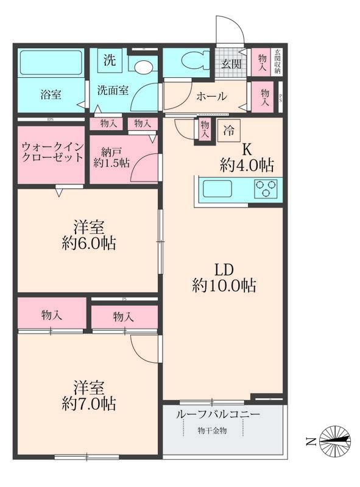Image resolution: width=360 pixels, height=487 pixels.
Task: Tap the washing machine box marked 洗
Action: pos(108,60)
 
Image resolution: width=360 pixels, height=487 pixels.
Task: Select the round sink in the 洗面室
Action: pos(144,66)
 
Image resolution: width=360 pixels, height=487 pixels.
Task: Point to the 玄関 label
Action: pos(231,64)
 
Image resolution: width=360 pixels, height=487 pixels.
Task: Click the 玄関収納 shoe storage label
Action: pos(277,61)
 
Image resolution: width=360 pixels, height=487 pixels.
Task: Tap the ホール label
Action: pos(211,96)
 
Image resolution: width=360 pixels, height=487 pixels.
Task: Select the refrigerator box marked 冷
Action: pos(230,130)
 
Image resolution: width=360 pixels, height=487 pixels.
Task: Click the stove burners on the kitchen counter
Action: pos(266,189)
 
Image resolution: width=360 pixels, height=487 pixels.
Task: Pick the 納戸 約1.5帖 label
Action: pos(110,156)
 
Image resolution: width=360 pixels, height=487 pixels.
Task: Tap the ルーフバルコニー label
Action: pos(217,415)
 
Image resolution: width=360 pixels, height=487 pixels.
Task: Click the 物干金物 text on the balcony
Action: pos(211,430)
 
